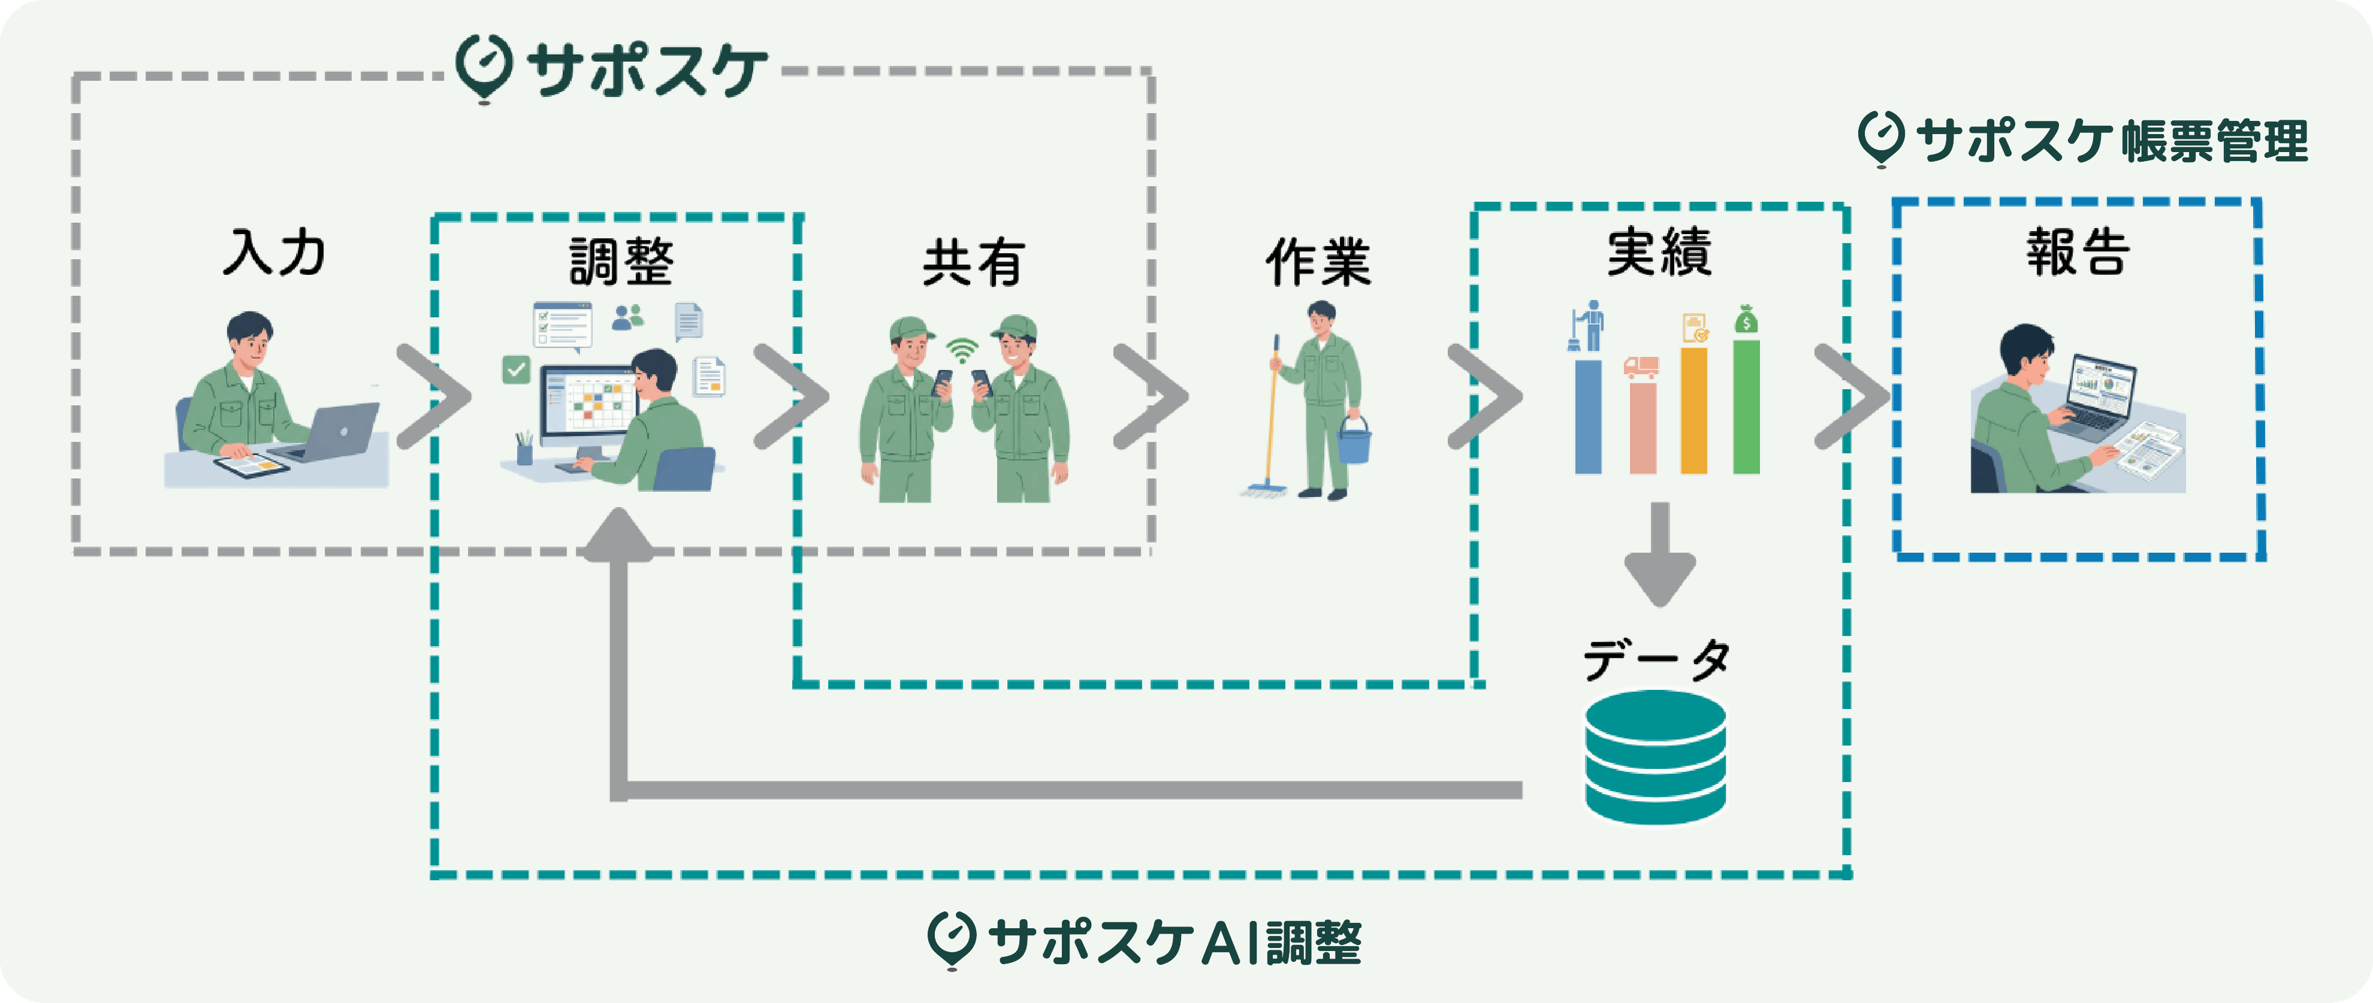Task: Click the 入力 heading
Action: pos(274,253)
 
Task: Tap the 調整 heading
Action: pos(621,262)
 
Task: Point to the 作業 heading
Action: pos(1318,262)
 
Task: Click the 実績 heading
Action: pos(1659,253)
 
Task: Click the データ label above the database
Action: pos(1656,660)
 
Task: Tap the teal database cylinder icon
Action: pos(1656,757)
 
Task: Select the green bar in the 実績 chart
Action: pos(1746,407)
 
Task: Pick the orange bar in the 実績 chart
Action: pos(1693,411)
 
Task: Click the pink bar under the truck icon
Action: pos(1641,427)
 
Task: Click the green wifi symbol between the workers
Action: pos(962,351)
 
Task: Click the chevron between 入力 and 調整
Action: pos(435,397)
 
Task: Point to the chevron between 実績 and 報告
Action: pos(1851,397)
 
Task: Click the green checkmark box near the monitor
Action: pos(516,370)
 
